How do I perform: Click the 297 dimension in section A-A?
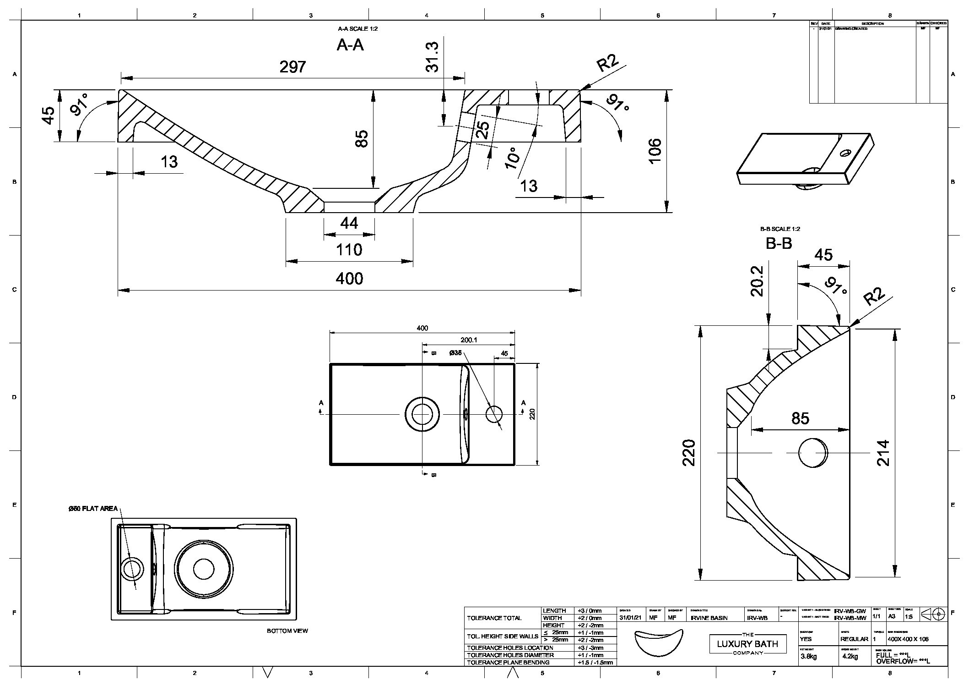(x=292, y=67)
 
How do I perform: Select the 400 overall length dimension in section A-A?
(x=349, y=279)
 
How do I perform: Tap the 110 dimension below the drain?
(x=349, y=250)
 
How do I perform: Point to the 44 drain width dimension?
(x=349, y=224)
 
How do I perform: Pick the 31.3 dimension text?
(x=432, y=57)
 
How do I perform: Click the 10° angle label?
(x=513, y=158)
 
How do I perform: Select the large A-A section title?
(x=350, y=45)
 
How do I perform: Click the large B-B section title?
(x=779, y=243)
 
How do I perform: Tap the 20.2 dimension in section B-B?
(x=757, y=281)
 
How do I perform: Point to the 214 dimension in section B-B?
(x=883, y=453)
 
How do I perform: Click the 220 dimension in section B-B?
(x=689, y=453)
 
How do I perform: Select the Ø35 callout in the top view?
(x=455, y=353)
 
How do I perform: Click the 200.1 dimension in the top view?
(x=469, y=340)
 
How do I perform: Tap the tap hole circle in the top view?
(x=493, y=414)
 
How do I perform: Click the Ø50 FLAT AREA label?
(x=93, y=509)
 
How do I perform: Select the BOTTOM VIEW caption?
(x=287, y=631)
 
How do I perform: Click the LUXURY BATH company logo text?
(x=747, y=644)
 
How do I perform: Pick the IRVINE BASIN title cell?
(x=709, y=618)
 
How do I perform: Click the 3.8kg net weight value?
(x=809, y=656)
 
